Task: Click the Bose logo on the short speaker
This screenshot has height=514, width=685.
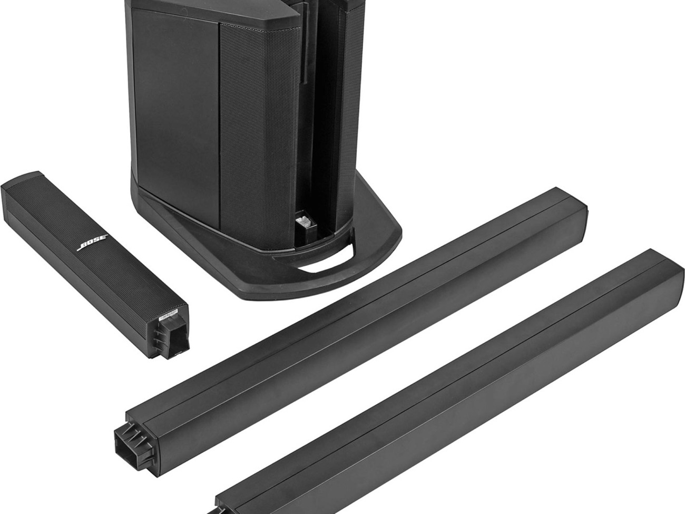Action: pos(93,243)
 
